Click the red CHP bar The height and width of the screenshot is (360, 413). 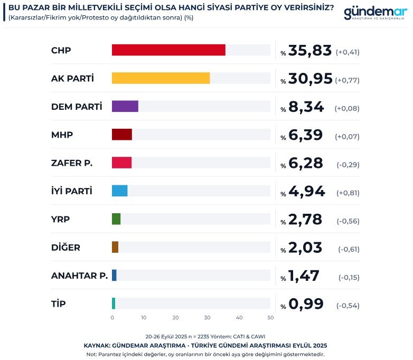[168, 50]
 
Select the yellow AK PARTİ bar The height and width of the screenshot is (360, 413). [161, 78]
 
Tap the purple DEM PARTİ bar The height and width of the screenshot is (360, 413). [125, 106]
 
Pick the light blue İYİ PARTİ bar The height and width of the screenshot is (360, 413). [120, 191]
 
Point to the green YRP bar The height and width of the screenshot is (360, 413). [116, 219]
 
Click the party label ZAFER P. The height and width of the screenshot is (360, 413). [72, 163]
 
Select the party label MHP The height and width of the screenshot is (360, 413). [62, 135]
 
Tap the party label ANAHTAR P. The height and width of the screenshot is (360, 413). [79, 275]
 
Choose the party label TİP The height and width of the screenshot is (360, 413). [59, 304]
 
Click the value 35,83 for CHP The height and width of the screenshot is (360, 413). [310, 51]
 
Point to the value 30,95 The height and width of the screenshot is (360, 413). [311, 79]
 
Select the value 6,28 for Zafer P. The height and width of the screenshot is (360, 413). [305, 163]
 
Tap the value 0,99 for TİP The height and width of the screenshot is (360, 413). [306, 304]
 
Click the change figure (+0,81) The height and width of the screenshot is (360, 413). [348, 192]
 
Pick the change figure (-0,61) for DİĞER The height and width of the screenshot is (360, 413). [349, 249]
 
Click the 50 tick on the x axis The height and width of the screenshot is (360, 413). [271, 318]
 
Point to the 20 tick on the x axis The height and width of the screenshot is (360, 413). [175, 318]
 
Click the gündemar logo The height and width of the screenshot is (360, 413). [374, 13]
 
